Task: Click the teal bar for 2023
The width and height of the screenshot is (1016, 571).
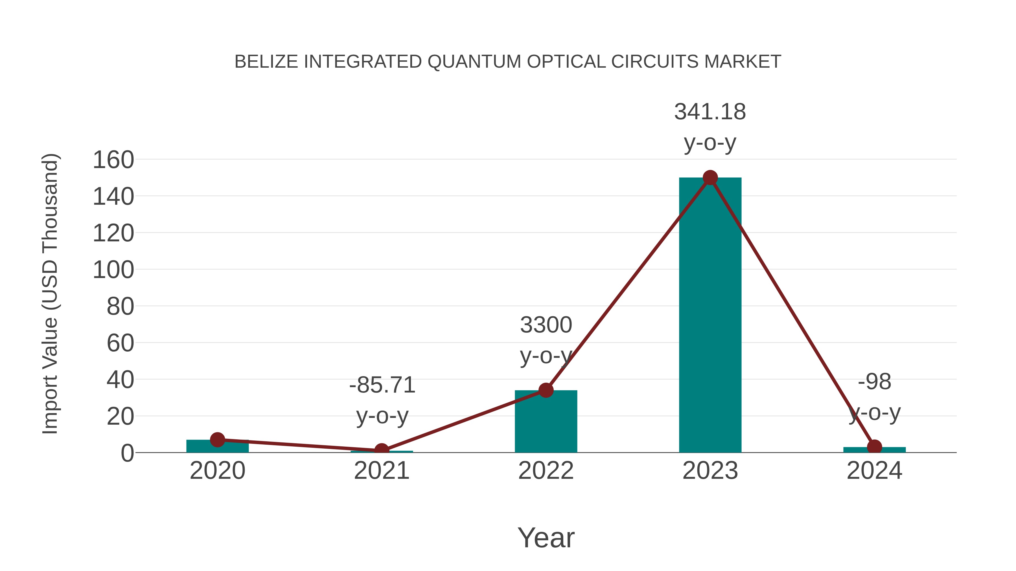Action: point(710,315)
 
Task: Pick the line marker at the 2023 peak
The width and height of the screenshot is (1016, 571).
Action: point(710,178)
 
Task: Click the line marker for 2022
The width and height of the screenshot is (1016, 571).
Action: point(546,390)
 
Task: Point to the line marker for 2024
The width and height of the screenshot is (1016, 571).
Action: point(874,447)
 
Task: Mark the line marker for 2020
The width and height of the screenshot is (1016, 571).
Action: point(218,439)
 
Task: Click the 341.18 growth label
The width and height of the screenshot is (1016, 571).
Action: point(710,112)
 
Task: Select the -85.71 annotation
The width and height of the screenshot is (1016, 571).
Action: point(382,385)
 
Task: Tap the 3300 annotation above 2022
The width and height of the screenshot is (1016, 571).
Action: point(546,325)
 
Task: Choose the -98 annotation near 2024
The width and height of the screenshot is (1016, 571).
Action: point(874,382)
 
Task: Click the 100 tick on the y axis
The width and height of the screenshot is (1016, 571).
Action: point(113,270)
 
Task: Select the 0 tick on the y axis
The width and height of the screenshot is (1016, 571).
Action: point(127,453)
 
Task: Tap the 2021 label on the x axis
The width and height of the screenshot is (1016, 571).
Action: point(382,471)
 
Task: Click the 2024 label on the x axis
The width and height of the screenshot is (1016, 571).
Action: point(874,471)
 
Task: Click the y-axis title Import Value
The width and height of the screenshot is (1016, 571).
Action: point(51,294)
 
